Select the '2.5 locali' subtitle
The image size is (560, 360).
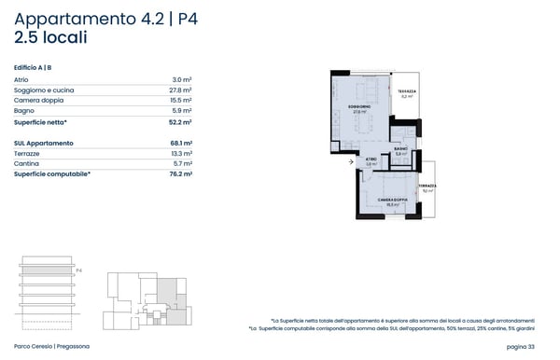point(51,39)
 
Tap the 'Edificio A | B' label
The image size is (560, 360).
point(33,67)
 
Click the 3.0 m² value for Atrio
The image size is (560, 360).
point(182,80)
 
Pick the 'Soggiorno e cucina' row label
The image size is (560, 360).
point(44,90)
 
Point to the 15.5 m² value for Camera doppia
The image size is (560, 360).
point(181,101)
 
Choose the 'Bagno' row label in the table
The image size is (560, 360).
point(23,111)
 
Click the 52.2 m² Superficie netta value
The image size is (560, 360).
point(180,122)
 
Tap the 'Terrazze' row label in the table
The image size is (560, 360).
point(28,153)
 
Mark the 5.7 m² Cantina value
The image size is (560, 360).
point(182,163)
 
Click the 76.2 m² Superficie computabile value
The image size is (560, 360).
point(180,173)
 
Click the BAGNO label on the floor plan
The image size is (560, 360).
point(399,149)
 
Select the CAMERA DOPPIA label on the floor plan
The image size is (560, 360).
point(392,200)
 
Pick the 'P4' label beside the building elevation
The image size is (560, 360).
point(79,270)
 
